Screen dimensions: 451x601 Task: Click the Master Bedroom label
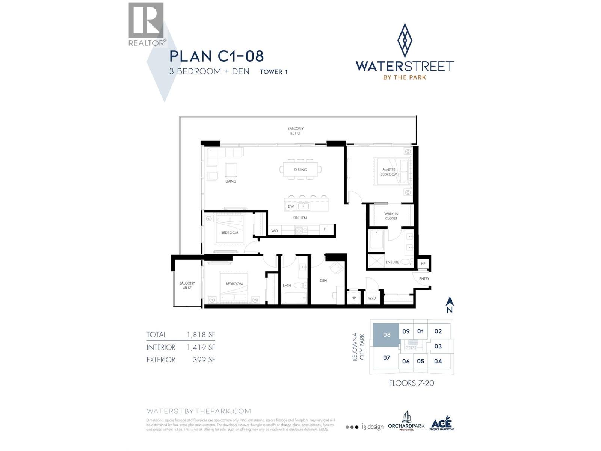click(x=389, y=172)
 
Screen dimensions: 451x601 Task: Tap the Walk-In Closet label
click(x=391, y=216)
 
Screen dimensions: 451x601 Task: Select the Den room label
click(x=323, y=280)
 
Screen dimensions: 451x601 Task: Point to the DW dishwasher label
click(x=291, y=207)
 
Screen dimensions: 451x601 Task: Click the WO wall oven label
click(x=274, y=230)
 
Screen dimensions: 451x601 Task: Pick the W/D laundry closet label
click(x=372, y=298)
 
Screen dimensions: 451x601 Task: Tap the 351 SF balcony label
click(x=296, y=131)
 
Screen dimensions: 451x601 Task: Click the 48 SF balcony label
click(x=187, y=285)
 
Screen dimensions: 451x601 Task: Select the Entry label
click(x=424, y=279)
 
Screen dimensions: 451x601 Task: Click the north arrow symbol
click(x=450, y=305)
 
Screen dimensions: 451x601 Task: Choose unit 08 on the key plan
click(x=387, y=334)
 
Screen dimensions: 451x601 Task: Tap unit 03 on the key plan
click(x=438, y=346)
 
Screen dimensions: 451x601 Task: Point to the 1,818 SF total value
click(x=201, y=335)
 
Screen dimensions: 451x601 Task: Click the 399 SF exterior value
click(x=204, y=360)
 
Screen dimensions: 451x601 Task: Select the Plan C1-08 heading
click(x=216, y=56)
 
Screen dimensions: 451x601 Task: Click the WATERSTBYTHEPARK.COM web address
click(x=199, y=411)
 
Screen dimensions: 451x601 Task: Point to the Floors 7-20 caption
click(x=411, y=383)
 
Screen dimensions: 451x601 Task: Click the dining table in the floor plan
click(x=300, y=170)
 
